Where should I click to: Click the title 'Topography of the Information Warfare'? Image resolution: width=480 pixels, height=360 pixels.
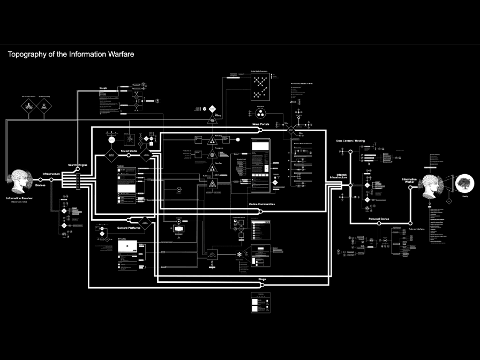71,54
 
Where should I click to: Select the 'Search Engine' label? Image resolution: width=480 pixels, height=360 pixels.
78,165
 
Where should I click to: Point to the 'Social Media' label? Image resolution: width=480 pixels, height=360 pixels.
129,151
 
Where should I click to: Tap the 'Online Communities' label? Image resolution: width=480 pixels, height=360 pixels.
262,204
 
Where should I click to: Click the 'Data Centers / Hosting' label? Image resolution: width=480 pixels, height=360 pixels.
350,141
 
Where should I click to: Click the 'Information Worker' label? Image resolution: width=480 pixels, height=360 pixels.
409,181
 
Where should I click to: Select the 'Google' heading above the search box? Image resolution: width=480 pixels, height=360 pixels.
104,87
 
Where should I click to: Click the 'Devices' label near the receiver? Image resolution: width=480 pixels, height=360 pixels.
40,185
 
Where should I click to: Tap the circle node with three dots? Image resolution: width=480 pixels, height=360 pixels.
260,113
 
